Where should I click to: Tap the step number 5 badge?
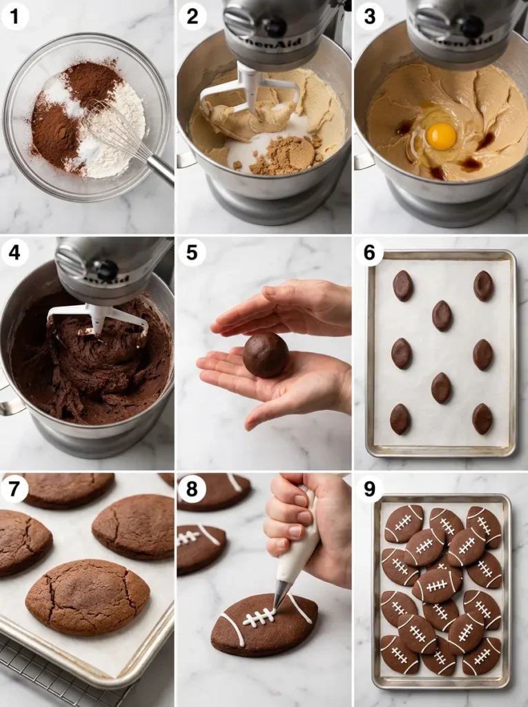tap(192, 253)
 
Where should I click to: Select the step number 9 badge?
tap(369, 489)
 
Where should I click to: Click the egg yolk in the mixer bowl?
tap(440, 135)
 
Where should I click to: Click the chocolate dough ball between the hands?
tap(266, 355)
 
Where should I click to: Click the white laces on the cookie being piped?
tap(260, 617)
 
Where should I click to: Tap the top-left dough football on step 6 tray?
tap(402, 285)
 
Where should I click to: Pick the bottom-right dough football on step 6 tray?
tap(482, 418)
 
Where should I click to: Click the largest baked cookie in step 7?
tap(88, 597)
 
